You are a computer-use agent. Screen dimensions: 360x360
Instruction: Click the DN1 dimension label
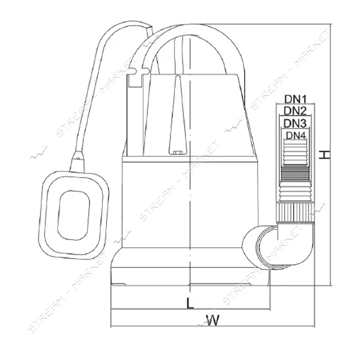[x=296, y=99]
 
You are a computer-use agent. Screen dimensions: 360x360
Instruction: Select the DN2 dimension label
[x=295, y=111]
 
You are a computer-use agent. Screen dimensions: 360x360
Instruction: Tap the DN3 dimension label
[x=295, y=123]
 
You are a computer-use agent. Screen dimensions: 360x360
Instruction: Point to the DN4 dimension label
[x=296, y=136]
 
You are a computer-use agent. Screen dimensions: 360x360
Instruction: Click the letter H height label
[x=325, y=155]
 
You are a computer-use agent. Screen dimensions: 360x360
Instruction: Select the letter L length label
[x=190, y=303]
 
